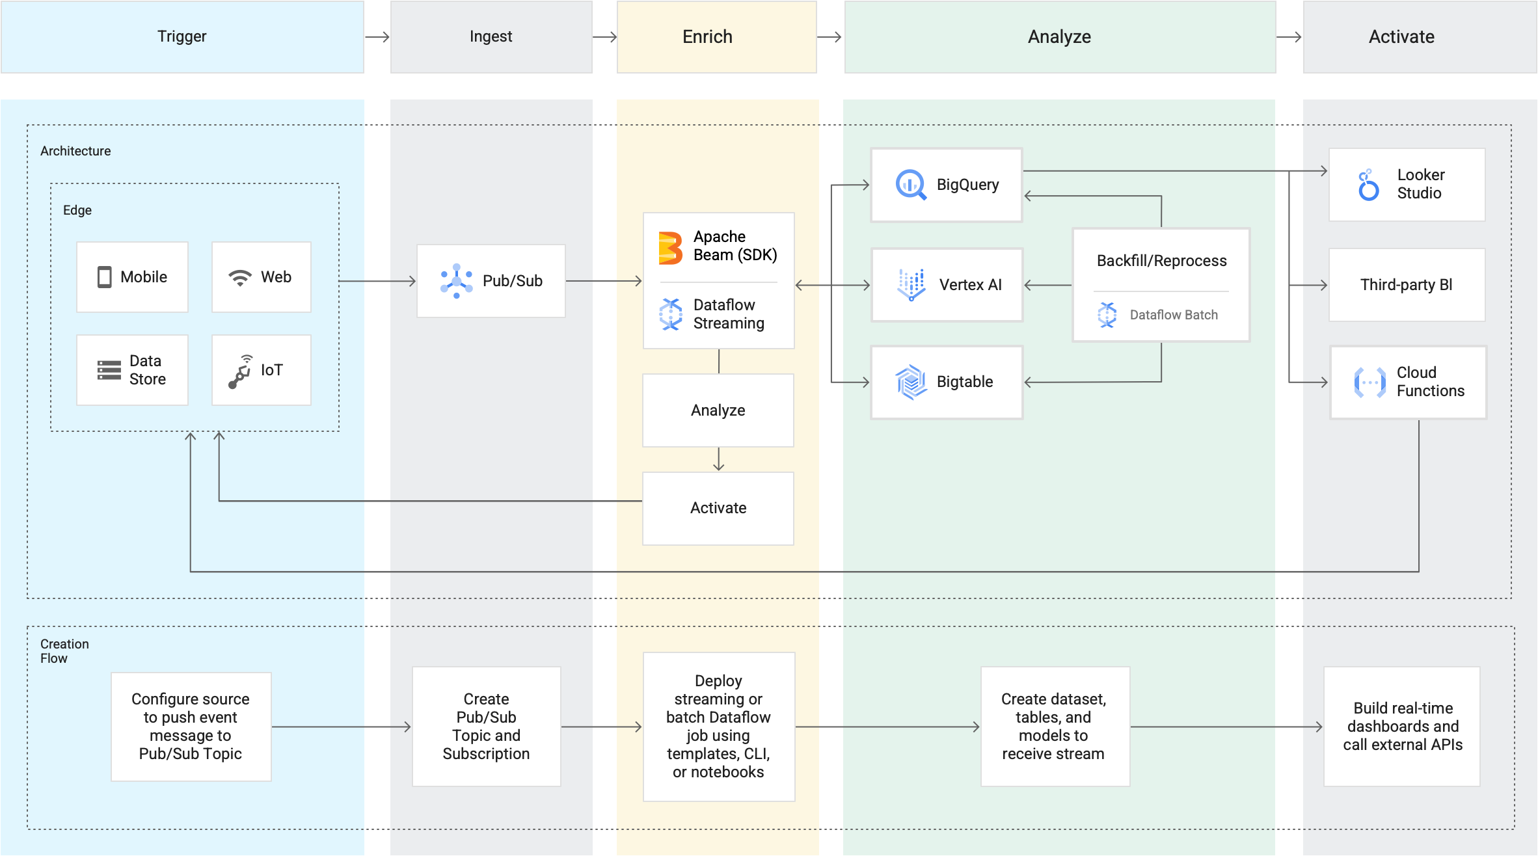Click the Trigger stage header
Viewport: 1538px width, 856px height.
pyautogui.click(x=182, y=36)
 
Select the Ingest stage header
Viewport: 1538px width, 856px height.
pyautogui.click(x=491, y=36)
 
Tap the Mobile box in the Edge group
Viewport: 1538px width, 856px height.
pyautogui.click(x=132, y=277)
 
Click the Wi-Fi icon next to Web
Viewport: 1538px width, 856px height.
pyautogui.click(x=239, y=278)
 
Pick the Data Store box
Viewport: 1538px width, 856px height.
pyautogui.click(x=132, y=370)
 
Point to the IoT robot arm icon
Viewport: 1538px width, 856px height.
pyautogui.click(x=240, y=371)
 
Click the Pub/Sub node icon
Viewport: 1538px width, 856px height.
pyautogui.click(x=456, y=281)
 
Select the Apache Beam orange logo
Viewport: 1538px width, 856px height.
pyautogui.click(x=670, y=248)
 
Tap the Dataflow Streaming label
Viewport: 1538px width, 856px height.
pyautogui.click(x=729, y=314)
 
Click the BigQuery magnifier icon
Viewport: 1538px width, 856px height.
pyautogui.click(x=911, y=185)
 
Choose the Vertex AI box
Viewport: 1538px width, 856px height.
pyautogui.click(x=947, y=285)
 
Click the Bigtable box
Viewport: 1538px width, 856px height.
pyautogui.click(x=947, y=382)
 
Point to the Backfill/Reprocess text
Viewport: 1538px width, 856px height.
pyautogui.click(x=1161, y=261)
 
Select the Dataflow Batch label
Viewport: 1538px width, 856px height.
pyautogui.click(x=1174, y=315)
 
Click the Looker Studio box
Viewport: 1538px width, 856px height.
pyautogui.click(x=1407, y=185)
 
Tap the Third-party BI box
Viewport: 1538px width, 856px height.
pyautogui.click(x=1407, y=285)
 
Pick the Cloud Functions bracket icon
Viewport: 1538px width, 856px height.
pyautogui.click(x=1369, y=382)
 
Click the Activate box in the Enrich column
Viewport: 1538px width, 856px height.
pyautogui.click(x=718, y=508)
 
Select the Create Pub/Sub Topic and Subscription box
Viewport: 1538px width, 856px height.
pyautogui.click(x=486, y=727)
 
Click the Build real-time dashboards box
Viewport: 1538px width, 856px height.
pyautogui.click(x=1402, y=727)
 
